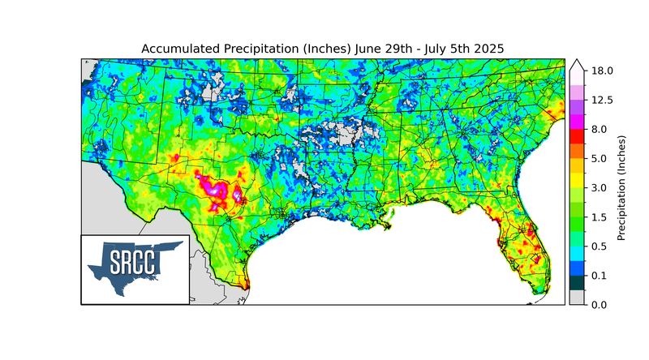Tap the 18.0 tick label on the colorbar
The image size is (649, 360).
602,71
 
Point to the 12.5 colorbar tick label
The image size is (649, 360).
602,100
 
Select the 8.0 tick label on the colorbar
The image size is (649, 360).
600,129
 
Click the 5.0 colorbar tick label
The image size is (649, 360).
600,158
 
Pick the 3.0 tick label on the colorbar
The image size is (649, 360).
600,187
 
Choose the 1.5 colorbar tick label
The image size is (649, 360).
600,216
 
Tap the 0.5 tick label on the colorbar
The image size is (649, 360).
600,246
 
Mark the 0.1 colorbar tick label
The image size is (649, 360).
600,275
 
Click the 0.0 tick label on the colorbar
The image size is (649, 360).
600,304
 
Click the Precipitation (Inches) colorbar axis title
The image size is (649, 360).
621,187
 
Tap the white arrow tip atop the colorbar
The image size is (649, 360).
577,63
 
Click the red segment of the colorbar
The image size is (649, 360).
577,136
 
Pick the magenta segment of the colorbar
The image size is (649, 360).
577,122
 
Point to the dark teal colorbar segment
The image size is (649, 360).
577,282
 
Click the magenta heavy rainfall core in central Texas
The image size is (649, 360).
216,190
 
